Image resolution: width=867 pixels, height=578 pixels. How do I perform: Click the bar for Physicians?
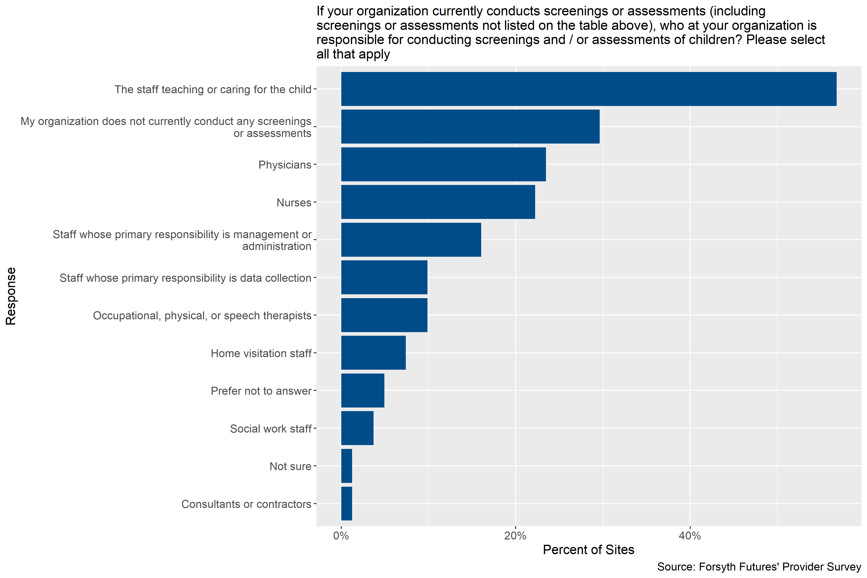click(x=443, y=164)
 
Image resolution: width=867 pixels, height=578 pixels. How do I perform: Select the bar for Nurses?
click(x=438, y=202)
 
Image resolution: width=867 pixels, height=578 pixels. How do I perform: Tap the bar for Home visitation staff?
click(x=374, y=353)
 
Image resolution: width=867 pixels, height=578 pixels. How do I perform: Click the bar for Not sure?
click(x=347, y=466)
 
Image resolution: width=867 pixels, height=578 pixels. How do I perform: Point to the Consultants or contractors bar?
click(x=347, y=504)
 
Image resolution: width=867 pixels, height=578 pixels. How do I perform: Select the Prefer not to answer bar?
click(x=363, y=390)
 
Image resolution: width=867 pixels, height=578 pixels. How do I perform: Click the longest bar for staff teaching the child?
click(x=589, y=89)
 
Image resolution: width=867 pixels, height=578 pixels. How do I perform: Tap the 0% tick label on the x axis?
click(x=341, y=536)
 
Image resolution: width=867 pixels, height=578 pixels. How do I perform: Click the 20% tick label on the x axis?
click(x=515, y=536)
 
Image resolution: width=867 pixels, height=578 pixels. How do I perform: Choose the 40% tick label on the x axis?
click(x=690, y=536)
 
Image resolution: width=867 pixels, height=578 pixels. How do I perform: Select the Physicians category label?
click(x=285, y=165)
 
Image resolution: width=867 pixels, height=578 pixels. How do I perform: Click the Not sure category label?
click(x=290, y=466)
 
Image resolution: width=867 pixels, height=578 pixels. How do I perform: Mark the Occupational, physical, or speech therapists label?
click(x=202, y=315)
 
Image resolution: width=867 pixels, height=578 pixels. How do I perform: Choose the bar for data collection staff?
click(x=384, y=277)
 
